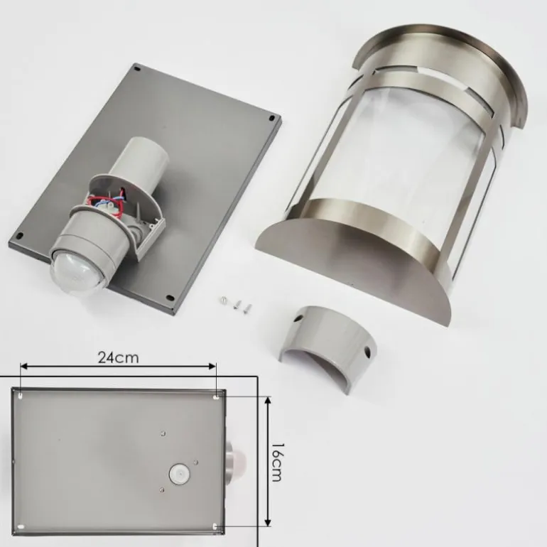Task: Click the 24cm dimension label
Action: pyautogui.click(x=118, y=357)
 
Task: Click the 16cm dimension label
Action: pyautogui.click(x=276, y=462)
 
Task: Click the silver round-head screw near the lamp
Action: pyautogui.click(x=223, y=299)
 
